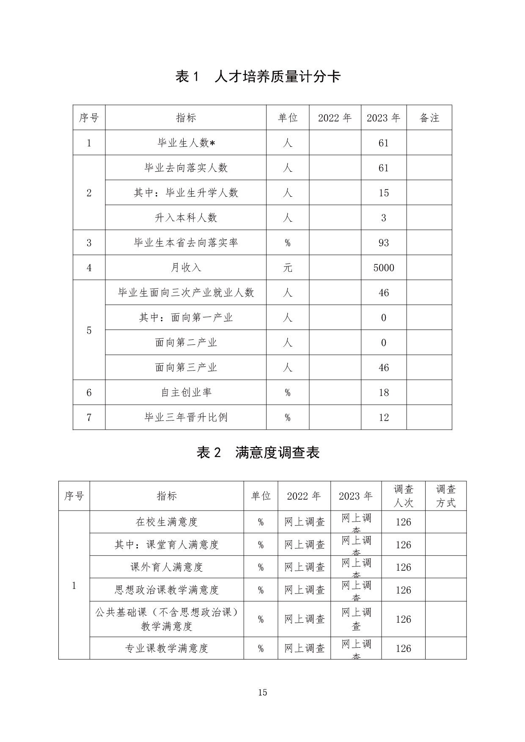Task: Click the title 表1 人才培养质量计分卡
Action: pyautogui.click(x=258, y=77)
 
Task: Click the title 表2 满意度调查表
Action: pyautogui.click(x=258, y=453)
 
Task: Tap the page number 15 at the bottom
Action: pyautogui.click(x=262, y=693)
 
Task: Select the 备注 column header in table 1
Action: pyautogui.click(x=429, y=118)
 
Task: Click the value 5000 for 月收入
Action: pyautogui.click(x=383, y=268)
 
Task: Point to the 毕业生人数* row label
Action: pyautogui.click(x=186, y=143)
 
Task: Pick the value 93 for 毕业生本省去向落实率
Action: pyautogui.click(x=383, y=243)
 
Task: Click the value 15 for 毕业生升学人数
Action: pyautogui.click(x=383, y=193)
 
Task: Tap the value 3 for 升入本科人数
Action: pyautogui.click(x=383, y=218)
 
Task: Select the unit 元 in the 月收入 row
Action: pyautogui.click(x=287, y=268)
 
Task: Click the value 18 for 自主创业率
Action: pyautogui.click(x=383, y=393)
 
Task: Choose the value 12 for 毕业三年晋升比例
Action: pyautogui.click(x=383, y=418)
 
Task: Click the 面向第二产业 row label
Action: pyautogui.click(x=186, y=343)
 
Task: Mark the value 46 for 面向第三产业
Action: pyautogui.click(x=383, y=368)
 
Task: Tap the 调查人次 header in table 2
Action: pyautogui.click(x=403, y=496)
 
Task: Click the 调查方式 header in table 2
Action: pyautogui.click(x=445, y=496)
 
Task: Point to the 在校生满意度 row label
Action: pyautogui.click(x=167, y=522)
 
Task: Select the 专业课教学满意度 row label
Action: pyautogui.click(x=167, y=648)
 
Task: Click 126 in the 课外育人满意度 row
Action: pyautogui.click(x=403, y=567)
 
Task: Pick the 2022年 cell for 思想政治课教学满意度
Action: pyautogui.click(x=304, y=590)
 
